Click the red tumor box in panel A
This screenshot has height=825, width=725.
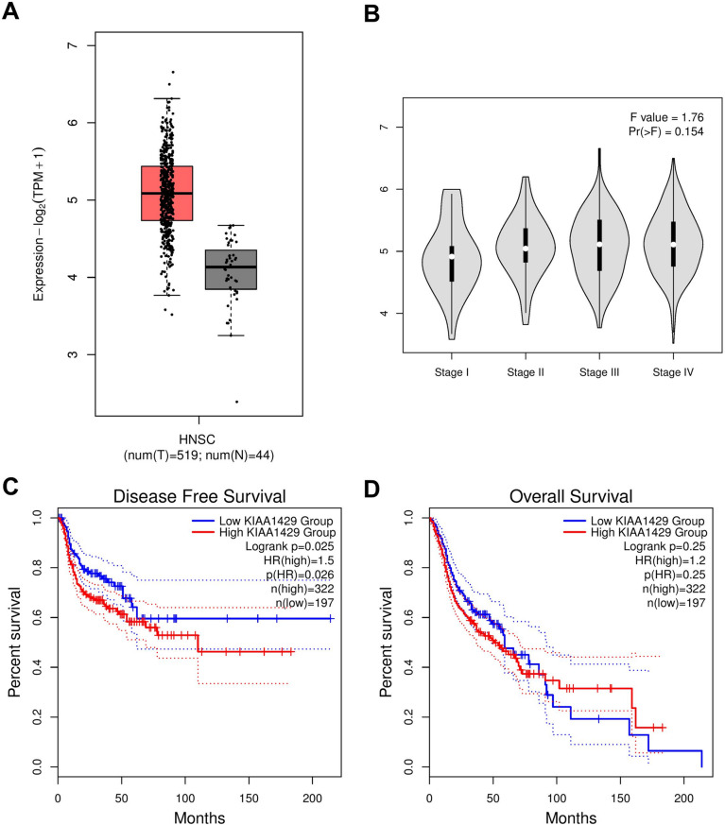click(166, 193)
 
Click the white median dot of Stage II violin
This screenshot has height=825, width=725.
click(526, 248)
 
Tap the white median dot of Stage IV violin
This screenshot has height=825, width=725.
click(673, 245)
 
